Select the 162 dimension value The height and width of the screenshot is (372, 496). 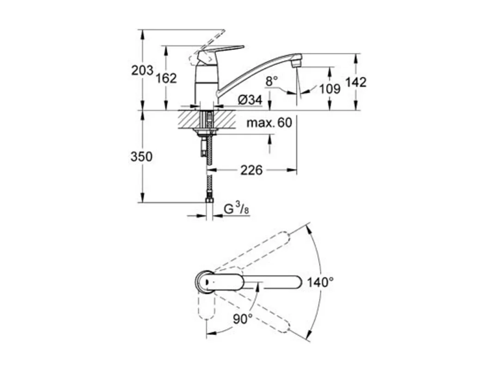pos(166,78)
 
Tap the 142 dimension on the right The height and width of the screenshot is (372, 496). pos(356,82)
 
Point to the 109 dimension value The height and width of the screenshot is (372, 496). pos(330,88)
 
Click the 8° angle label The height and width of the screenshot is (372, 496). pos(272,81)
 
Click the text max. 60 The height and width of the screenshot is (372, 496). pos(269,123)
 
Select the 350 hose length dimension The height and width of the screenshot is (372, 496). pos(141,157)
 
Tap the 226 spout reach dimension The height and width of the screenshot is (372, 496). pos(251,170)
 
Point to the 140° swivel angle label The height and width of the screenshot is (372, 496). pos(320,282)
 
